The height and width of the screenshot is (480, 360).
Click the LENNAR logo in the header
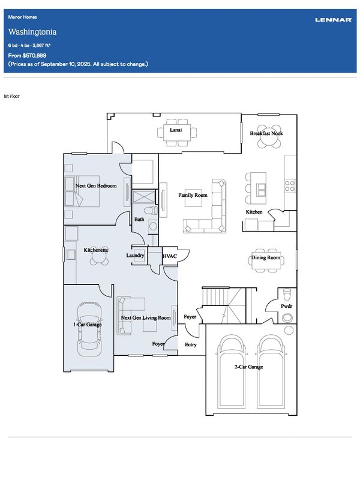tap(334, 20)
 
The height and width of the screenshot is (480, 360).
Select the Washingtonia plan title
tap(32, 32)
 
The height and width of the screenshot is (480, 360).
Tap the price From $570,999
tap(27, 55)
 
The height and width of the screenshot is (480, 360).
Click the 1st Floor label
tap(11, 96)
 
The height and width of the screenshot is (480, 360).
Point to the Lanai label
tap(176, 130)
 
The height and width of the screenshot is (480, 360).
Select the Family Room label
tap(193, 195)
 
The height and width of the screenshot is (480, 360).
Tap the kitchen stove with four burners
tap(290, 186)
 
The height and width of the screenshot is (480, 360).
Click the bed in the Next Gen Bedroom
tap(82, 191)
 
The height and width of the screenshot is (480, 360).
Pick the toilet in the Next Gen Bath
tap(151, 211)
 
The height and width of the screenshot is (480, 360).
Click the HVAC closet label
tap(170, 256)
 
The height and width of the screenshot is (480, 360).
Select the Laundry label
tap(135, 256)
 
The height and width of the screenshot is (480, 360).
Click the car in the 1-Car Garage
tap(89, 329)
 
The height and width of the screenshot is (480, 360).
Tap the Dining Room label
tap(266, 257)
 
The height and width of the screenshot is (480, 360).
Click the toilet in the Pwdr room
tap(287, 294)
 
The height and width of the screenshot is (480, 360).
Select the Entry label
tap(190, 344)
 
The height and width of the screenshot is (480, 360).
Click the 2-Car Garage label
tap(248, 367)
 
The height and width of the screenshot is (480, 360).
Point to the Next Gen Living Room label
tap(146, 318)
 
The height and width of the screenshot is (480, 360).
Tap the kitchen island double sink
tap(261, 190)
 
